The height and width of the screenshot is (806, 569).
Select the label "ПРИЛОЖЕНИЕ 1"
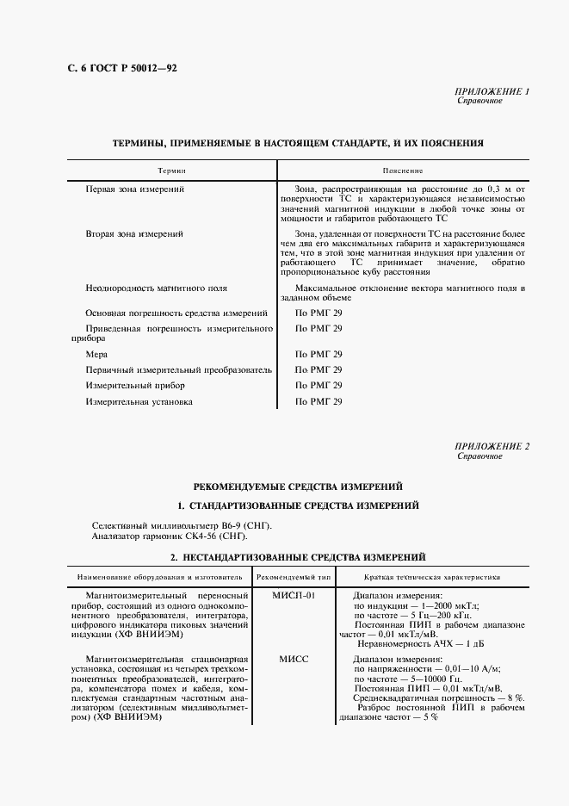[x=492, y=91]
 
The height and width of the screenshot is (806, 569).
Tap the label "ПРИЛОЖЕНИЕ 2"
[x=492, y=446]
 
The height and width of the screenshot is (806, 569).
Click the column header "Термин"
[x=171, y=171]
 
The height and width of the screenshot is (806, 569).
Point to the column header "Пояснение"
[x=404, y=171]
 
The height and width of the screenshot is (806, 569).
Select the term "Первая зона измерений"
[x=135, y=188]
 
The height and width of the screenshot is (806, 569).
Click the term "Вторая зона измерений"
[x=135, y=233]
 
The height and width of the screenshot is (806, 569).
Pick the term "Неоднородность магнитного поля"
[x=157, y=288]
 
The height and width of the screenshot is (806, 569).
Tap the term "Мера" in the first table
[x=96, y=354]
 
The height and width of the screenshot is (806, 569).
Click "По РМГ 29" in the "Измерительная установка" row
[x=319, y=401]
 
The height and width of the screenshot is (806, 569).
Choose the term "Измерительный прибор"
[x=135, y=386]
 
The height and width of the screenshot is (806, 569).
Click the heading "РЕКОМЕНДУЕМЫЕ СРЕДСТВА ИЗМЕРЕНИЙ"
[x=298, y=487]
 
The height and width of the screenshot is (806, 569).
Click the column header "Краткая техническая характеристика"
[x=433, y=577]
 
